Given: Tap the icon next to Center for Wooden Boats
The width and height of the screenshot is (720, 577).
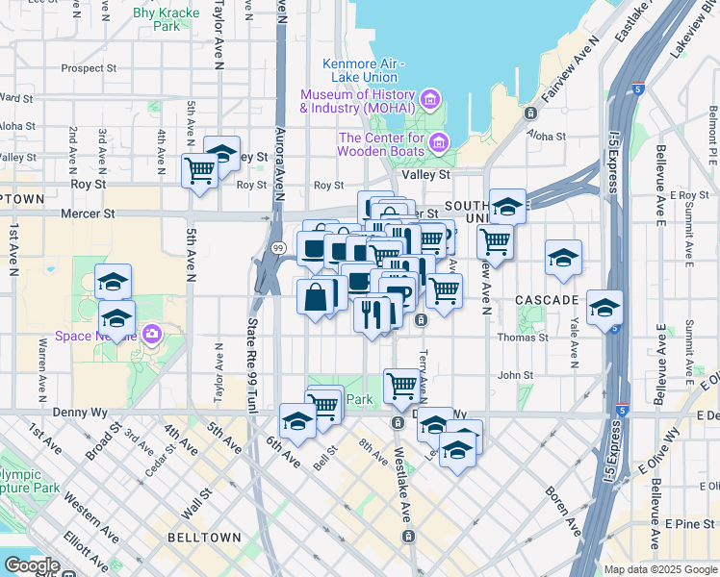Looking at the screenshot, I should point(438,143).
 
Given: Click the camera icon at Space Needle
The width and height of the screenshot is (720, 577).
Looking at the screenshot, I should point(152,334).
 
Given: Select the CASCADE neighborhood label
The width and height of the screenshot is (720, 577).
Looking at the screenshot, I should point(547,300).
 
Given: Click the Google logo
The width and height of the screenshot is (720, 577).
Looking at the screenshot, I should point(32,565).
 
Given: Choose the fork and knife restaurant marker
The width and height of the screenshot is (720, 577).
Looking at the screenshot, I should point(372,313).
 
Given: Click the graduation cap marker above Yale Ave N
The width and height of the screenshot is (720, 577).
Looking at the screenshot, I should point(563,258).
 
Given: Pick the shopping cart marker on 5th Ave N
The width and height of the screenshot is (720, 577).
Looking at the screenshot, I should point(200,171).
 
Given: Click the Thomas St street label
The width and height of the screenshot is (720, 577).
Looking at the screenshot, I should point(523,338).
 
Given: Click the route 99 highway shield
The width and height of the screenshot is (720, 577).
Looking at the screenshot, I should point(276,248).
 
